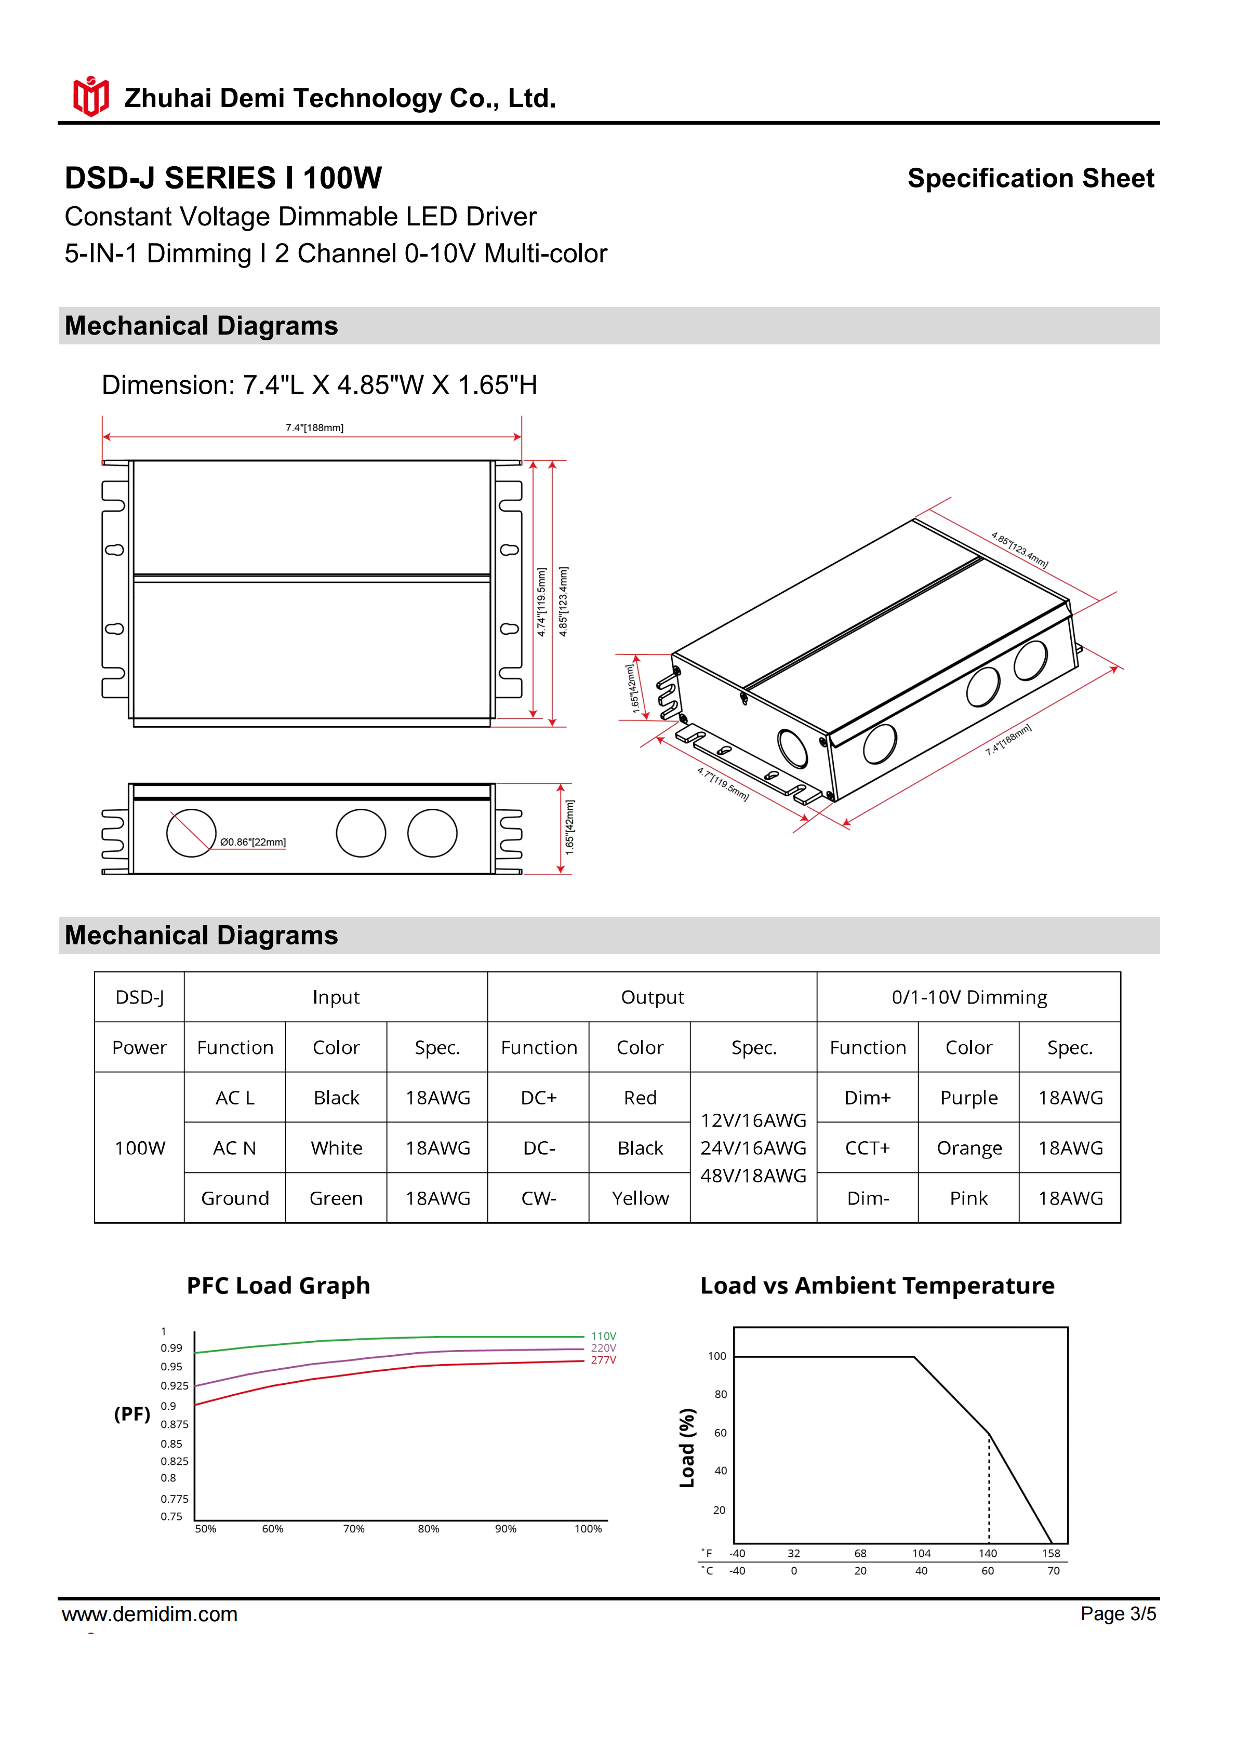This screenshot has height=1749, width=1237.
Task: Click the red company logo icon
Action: pyautogui.click(x=90, y=97)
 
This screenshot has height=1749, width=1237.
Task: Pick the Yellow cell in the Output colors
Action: pyautogui.click(x=640, y=1198)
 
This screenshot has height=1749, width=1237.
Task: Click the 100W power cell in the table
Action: pyautogui.click(x=139, y=1148)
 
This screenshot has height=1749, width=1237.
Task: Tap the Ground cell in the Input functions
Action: pyautogui.click(x=235, y=1198)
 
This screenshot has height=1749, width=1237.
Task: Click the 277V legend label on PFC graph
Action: pyautogui.click(x=603, y=1360)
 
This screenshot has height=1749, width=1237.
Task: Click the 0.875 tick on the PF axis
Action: pyautogui.click(x=175, y=1424)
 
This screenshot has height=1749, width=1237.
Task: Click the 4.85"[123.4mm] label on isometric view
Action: pyautogui.click(x=1019, y=550)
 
